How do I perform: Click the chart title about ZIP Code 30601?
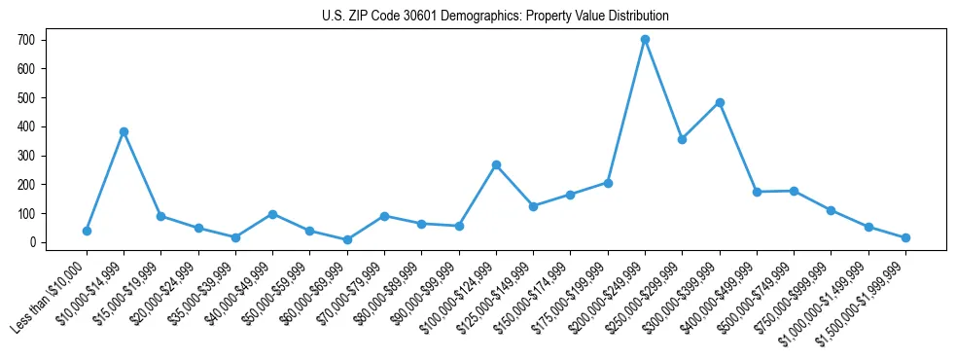tap(495, 17)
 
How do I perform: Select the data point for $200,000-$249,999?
tap(645, 40)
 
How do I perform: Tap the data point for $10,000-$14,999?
tap(124, 131)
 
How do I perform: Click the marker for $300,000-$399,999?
tap(720, 102)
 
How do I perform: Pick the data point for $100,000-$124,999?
tap(496, 164)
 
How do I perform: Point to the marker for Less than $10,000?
tap(87, 231)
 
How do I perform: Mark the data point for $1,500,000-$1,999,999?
tap(905, 237)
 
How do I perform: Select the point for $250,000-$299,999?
tap(683, 139)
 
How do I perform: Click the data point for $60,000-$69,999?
tap(347, 239)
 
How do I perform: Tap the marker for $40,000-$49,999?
tap(272, 214)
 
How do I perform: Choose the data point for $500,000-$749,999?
tap(794, 191)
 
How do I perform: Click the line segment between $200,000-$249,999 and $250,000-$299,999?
tap(663, 90)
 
